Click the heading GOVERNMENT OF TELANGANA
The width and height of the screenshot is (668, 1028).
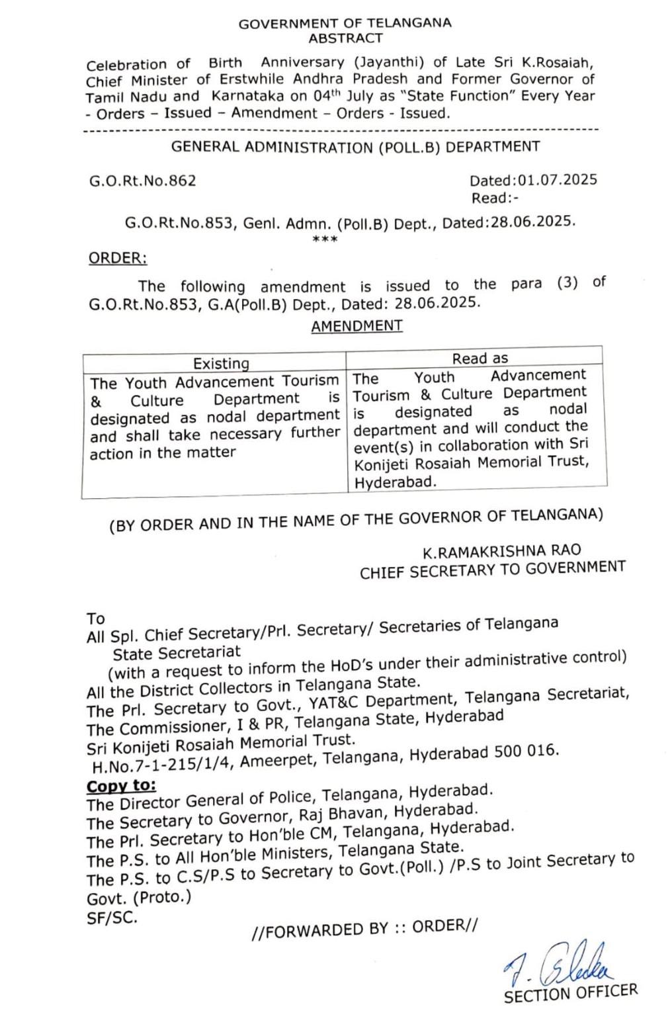tap(345, 24)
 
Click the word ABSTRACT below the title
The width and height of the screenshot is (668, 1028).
tap(345, 38)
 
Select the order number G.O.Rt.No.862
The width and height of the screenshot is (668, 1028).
tap(143, 181)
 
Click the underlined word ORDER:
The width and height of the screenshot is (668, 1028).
tap(118, 258)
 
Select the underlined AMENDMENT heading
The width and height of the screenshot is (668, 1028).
tap(356, 326)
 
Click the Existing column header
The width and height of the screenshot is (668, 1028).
tap(221, 363)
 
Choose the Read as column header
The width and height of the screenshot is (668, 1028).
tap(480, 359)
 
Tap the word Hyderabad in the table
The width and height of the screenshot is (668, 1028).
tap(396, 482)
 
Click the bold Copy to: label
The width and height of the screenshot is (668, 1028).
tap(122, 786)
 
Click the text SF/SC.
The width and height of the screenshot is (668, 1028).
tap(112, 918)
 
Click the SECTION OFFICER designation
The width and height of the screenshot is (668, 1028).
tap(570, 993)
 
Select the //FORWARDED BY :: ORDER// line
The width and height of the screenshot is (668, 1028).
tap(364, 928)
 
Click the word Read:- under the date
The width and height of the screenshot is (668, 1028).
tap(495, 198)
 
